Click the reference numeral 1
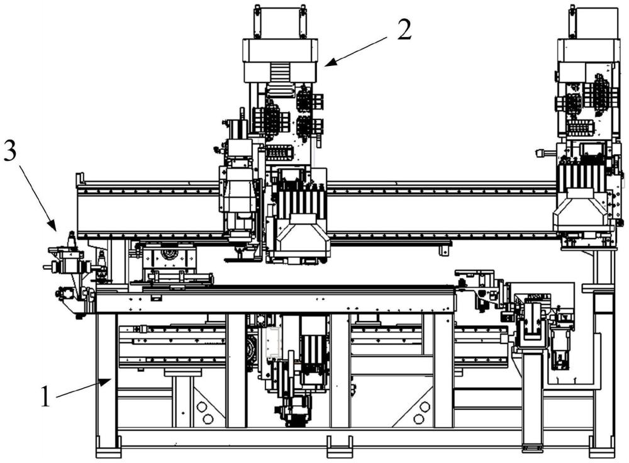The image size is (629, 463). (x=46, y=395)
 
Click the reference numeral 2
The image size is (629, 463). (x=404, y=30)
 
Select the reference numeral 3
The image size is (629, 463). (x=9, y=152)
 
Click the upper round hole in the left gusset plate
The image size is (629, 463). (x=201, y=407)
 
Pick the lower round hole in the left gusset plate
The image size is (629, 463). (x=208, y=419)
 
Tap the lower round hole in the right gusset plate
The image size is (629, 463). (x=418, y=419)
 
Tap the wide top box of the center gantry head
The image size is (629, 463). (x=280, y=60)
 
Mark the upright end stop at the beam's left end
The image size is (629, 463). (x=79, y=180)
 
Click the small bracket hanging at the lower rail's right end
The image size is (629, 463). (x=443, y=249)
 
